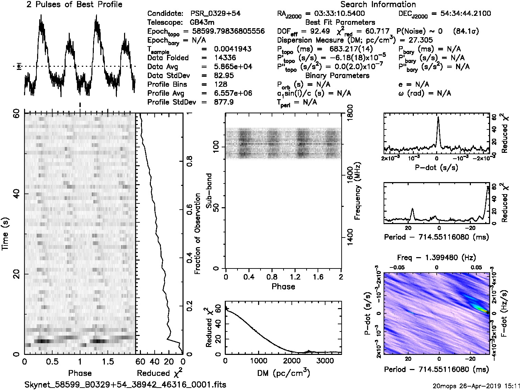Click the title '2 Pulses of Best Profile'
[x=74, y=5]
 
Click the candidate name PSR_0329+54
[x=215, y=14]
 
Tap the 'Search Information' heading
[x=378, y=5]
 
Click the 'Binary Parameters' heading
[x=337, y=76]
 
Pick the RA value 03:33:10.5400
[x=335, y=14]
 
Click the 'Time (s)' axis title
[x=5, y=234]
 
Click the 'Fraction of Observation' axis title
[x=197, y=234]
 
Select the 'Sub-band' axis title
[x=209, y=191]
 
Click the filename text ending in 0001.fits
[x=125, y=384]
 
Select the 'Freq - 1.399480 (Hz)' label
[x=436, y=258]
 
